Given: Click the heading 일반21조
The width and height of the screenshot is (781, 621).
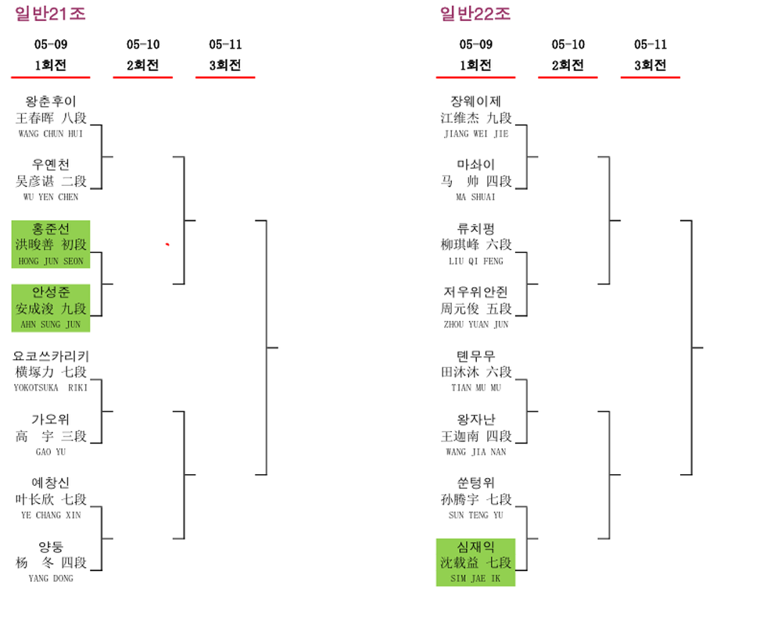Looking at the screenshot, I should [51, 13].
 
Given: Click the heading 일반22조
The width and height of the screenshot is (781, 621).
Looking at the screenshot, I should [475, 13].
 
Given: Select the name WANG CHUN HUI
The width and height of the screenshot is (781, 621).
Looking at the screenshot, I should [51, 134].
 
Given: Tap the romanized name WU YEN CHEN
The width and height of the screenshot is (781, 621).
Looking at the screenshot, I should [51, 197].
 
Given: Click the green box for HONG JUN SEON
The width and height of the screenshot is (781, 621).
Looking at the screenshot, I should [51, 244].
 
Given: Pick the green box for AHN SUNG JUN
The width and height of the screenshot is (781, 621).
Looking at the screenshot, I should [51, 308].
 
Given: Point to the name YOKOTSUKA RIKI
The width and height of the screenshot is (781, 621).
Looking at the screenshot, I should [51, 387].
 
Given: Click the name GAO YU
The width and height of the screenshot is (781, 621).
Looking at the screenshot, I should [51, 451].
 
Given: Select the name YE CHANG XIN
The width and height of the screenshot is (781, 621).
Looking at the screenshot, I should [51, 515].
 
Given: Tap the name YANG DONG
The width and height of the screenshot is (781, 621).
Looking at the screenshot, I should [51, 578].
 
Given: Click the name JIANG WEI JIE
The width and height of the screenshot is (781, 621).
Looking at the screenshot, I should [476, 134].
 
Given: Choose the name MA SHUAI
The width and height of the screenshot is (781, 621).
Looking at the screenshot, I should [476, 197].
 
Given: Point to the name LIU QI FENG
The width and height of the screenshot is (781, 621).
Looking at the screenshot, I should [476, 261].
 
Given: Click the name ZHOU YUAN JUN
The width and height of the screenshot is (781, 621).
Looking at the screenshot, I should [476, 324].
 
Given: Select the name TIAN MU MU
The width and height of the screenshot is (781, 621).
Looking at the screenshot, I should [476, 387].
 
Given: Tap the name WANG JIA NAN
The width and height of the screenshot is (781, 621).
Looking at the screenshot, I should [476, 451].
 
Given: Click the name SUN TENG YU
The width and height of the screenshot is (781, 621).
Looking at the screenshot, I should [476, 515].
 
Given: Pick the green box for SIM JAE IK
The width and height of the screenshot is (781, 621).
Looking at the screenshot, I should [476, 562].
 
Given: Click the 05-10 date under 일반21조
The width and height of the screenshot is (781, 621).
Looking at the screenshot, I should [143, 45].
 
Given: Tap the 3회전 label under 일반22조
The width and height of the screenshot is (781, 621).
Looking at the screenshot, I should [650, 66].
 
